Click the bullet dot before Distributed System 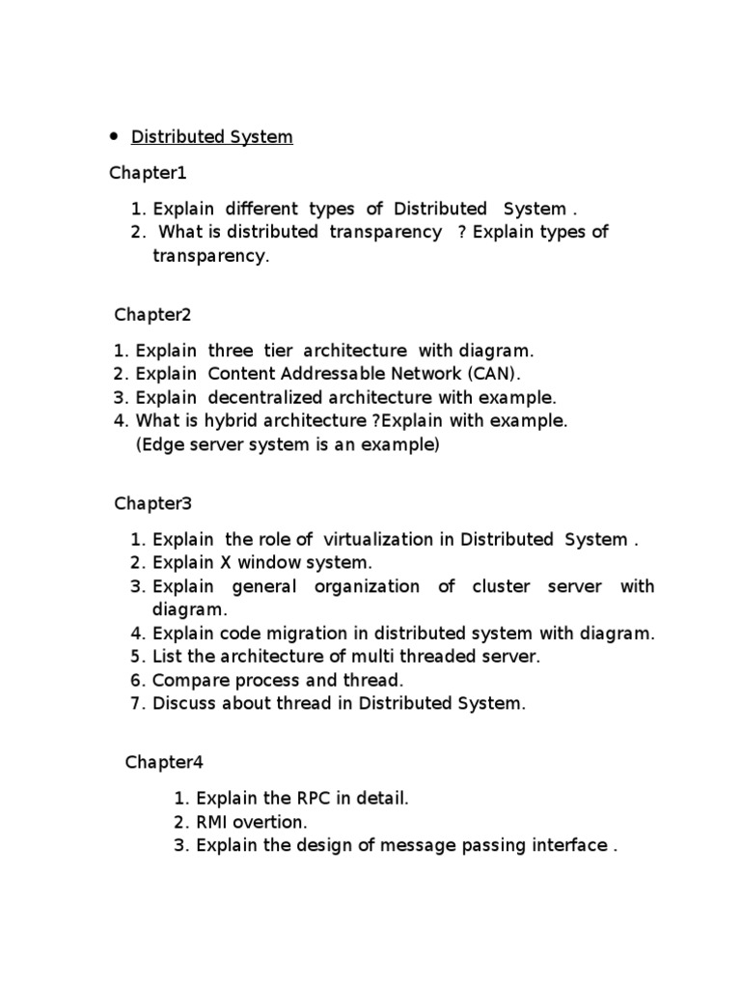click(113, 136)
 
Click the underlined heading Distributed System click(211, 137)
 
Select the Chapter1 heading click(148, 174)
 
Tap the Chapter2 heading click(153, 314)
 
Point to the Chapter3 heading click(153, 503)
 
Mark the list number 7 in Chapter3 click(137, 703)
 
